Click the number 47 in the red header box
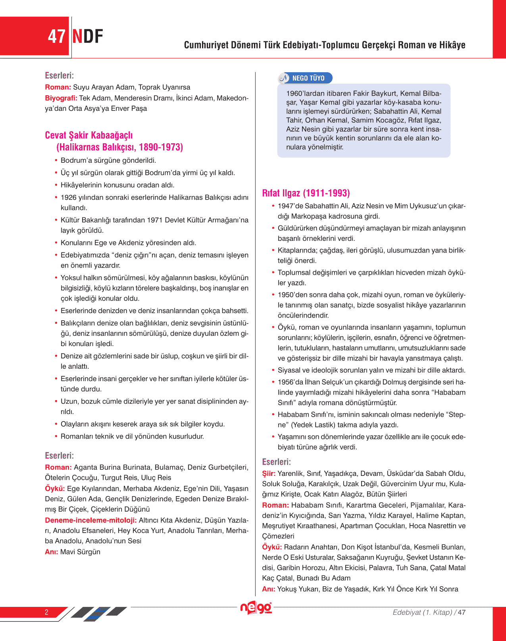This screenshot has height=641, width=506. [56, 37]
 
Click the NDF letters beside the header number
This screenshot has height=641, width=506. [88, 37]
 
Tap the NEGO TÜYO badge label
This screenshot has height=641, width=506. [308, 78]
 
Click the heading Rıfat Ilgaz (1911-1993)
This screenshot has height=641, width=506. [306, 193]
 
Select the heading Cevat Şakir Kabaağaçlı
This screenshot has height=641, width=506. [89, 135]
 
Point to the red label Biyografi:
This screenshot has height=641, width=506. [61, 98]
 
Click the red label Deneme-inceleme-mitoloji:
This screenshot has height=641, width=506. [90, 520]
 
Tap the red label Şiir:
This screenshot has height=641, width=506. [269, 474]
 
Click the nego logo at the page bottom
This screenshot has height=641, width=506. [256, 608]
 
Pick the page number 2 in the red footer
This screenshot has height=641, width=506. [46, 612]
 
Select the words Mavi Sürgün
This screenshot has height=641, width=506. [80, 552]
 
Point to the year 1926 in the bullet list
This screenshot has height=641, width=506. [68, 197]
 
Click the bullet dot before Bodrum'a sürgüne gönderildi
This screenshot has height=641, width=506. [56, 161]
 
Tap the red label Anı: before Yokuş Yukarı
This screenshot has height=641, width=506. [268, 589]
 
